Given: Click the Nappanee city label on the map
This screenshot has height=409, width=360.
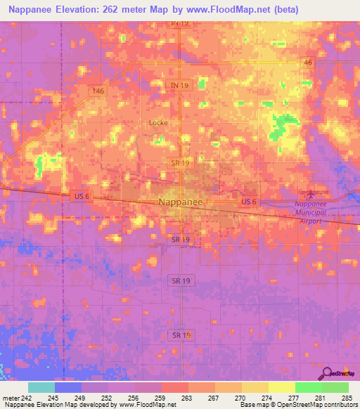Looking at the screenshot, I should pyautogui.click(x=181, y=202).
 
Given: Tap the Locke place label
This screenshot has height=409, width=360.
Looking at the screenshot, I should pyautogui.click(x=157, y=122).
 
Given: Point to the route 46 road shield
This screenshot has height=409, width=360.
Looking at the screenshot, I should pyautogui.click(x=308, y=63).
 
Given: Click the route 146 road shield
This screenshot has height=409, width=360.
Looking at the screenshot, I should pyautogui.click(x=97, y=91).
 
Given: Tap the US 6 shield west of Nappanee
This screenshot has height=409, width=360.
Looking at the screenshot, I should pyautogui.click(x=81, y=197).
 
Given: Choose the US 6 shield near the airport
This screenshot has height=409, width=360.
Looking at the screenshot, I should pyautogui.click(x=248, y=202).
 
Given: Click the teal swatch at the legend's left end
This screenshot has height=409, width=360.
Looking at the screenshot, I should pyautogui.click(x=41, y=387).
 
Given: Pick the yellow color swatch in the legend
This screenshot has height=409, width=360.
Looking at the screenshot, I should pyautogui.click(x=281, y=387).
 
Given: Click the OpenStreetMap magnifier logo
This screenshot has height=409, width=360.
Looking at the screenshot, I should pyautogui.click(x=327, y=373).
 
